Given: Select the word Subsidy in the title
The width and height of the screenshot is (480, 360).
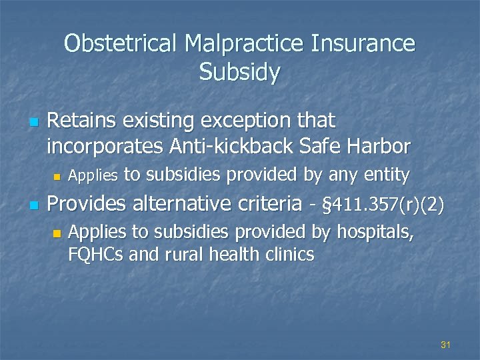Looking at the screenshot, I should (x=239, y=72).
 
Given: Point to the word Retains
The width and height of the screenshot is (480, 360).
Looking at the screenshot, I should (x=81, y=121).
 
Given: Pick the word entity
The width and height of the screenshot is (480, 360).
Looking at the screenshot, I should (x=387, y=175).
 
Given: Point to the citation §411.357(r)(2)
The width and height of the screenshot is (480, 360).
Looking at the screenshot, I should (x=381, y=204).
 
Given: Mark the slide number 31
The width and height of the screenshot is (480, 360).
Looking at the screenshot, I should (x=446, y=345).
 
